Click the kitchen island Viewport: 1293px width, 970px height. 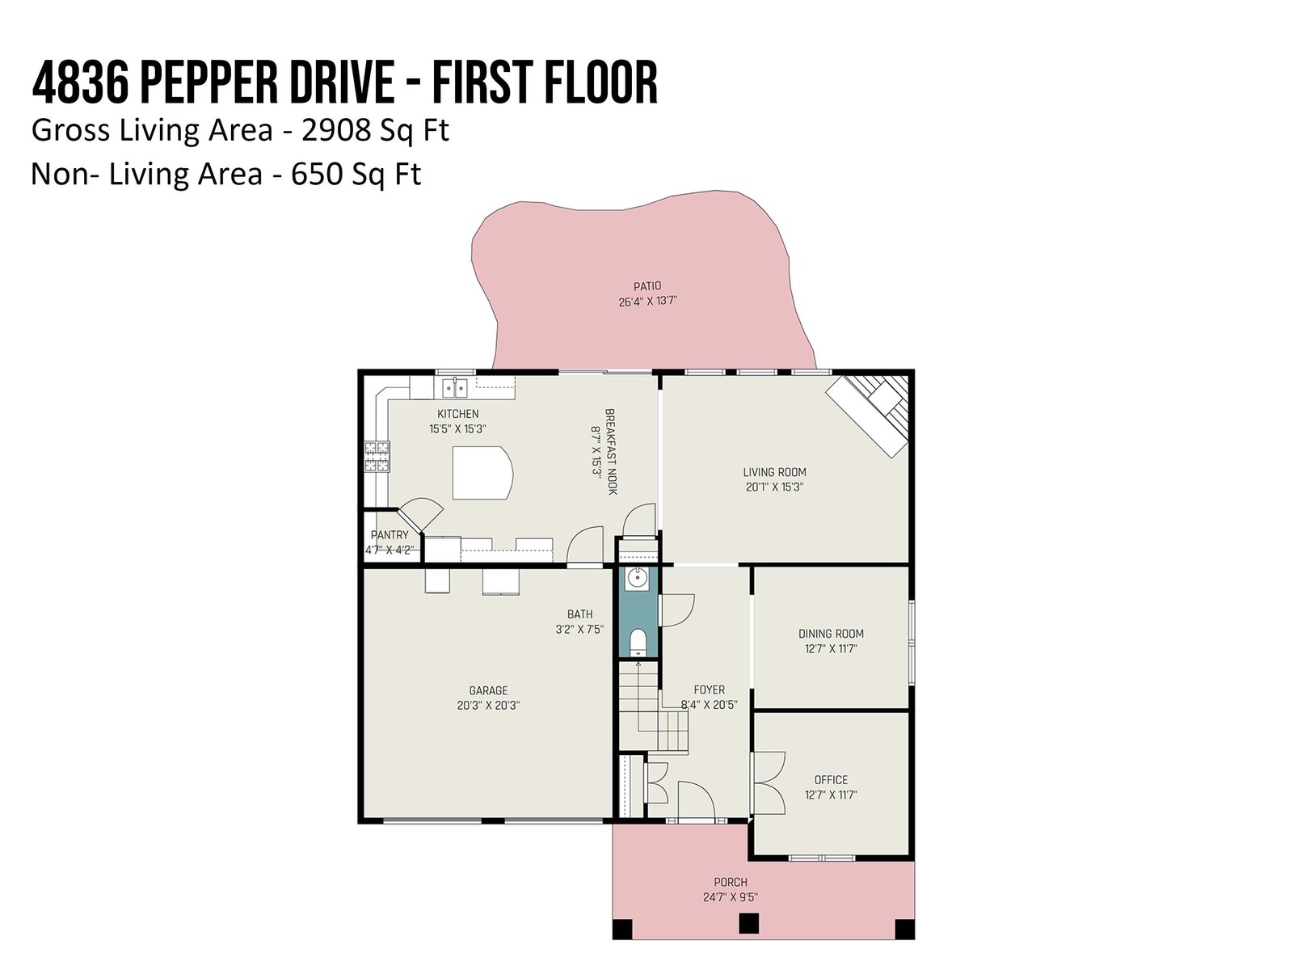pyautogui.click(x=482, y=473)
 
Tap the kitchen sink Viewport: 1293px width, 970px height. pyautogui.click(x=454, y=388)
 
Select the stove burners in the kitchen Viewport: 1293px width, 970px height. pyautogui.click(x=377, y=457)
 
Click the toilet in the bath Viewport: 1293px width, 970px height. pyautogui.click(x=638, y=643)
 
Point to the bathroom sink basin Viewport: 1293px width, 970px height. pyautogui.click(x=637, y=578)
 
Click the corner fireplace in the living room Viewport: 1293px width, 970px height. pyautogui.click(x=870, y=413)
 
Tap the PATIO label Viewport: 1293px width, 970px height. pyautogui.click(x=646, y=286)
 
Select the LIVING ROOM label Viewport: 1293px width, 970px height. pyautogui.click(x=774, y=472)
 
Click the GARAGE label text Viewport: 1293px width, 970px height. pyautogui.click(x=488, y=690)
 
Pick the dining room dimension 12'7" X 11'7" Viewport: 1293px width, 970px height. pyautogui.click(x=831, y=648)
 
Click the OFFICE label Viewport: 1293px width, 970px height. pyautogui.click(x=831, y=780)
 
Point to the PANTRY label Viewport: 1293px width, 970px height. pyautogui.click(x=390, y=535)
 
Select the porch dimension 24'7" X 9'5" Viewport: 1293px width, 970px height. pyautogui.click(x=730, y=897)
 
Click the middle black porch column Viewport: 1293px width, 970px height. pyautogui.click(x=748, y=923)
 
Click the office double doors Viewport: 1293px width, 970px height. pyautogui.click(x=769, y=782)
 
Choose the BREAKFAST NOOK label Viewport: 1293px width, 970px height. pyautogui.click(x=611, y=452)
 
